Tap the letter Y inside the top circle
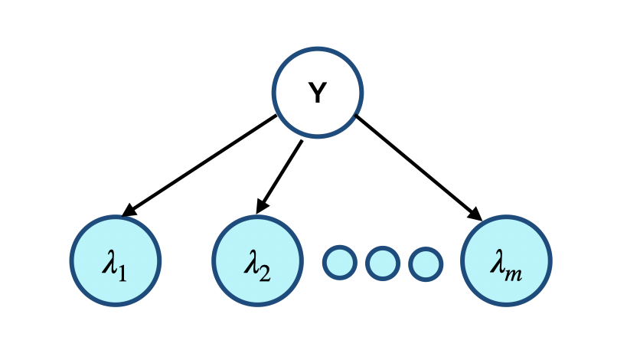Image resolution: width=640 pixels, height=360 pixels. pyautogui.click(x=318, y=93)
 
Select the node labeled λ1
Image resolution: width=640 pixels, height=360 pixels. pyautogui.click(x=116, y=261)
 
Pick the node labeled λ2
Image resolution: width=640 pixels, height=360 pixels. pyautogui.click(x=257, y=261)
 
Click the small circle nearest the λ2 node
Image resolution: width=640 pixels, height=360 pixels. pyautogui.click(x=340, y=263)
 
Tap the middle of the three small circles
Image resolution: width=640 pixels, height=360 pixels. pyautogui.click(x=383, y=263)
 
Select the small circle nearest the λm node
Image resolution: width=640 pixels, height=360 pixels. pyautogui.click(x=426, y=263)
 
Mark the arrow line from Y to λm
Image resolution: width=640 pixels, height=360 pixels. pyautogui.click(x=417, y=168)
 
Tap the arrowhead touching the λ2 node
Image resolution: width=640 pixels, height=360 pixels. pyautogui.click(x=262, y=206)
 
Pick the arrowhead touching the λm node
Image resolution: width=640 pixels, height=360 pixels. pyautogui.click(x=475, y=214)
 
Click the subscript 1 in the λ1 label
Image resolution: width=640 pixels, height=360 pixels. pyautogui.click(x=124, y=270)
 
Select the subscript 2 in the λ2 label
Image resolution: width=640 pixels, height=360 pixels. pyautogui.click(x=265, y=270)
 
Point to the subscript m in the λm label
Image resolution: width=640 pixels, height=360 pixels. pyautogui.click(x=517, y=270)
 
